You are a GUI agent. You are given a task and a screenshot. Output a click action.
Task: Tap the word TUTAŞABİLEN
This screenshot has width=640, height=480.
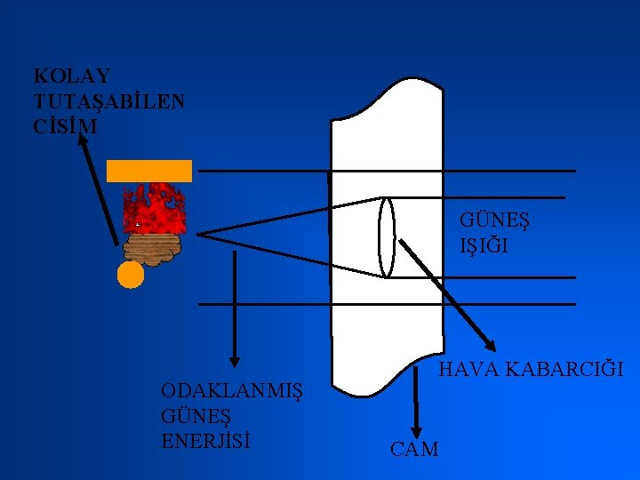[x=109, y=101]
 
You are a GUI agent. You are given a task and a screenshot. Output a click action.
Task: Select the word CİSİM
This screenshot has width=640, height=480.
[x=65, y=126]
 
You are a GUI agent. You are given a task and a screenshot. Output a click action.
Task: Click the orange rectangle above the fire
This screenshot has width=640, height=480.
[x=149, y=171]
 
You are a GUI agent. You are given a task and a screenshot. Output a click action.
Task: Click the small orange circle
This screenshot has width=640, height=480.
[x=131, y=276]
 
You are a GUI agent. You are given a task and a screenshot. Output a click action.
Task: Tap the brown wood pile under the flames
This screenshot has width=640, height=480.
[x=156, y=249]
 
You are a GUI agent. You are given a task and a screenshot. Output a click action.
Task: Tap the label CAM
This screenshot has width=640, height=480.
[x=414, y=449]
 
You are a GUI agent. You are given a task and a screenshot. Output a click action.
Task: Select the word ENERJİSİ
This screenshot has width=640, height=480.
[x=206, y=440]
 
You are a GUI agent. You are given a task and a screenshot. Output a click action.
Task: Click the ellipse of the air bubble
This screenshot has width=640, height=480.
[x=386, y=236]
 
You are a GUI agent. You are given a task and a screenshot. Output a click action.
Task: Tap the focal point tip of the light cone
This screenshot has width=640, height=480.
[x=199, y=235]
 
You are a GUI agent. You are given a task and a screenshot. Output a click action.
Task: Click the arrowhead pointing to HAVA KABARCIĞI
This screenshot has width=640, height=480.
[x=492, y=345]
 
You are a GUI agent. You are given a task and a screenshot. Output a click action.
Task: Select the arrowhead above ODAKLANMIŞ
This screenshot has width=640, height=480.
[x=235, y=359]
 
